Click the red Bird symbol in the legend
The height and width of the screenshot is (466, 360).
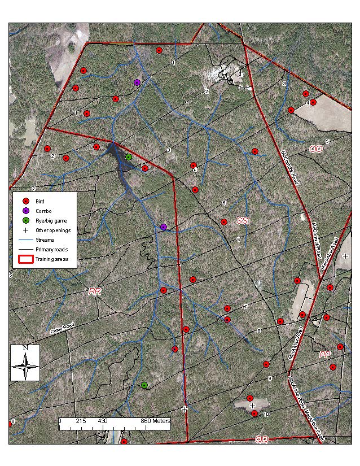click(25, 201)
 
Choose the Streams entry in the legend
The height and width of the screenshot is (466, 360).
click(45, 239)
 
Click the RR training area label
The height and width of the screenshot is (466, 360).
click(95, 291)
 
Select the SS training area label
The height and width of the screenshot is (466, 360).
click(243, 220)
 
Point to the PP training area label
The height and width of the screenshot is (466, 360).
click(324, 355)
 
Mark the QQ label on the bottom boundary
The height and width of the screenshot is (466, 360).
click(261, 439)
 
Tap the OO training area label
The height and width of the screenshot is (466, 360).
click(315, 149)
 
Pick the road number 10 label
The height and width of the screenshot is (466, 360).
click(266, 414)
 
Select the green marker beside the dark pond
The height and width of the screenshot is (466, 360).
click(129, 157)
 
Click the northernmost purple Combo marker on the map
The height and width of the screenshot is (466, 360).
click(137, 82)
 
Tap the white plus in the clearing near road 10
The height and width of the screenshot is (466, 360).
click(252, 406)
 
